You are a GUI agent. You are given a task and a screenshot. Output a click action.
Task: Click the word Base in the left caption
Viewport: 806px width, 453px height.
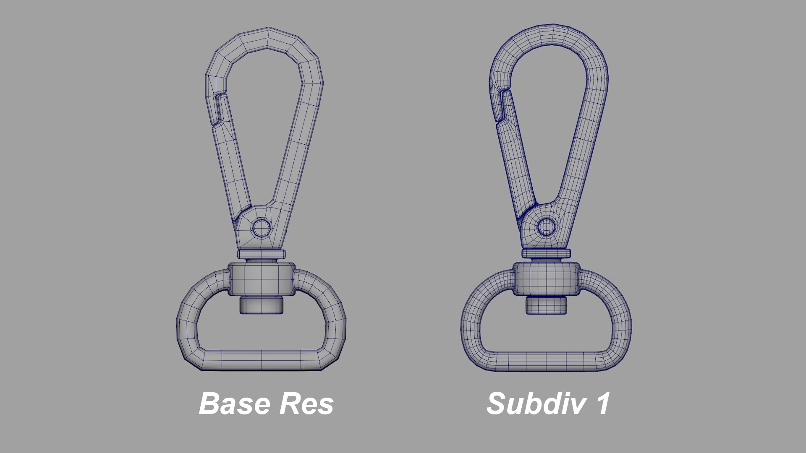234,404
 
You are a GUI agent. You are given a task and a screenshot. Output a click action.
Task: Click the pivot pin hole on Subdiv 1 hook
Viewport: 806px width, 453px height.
546,227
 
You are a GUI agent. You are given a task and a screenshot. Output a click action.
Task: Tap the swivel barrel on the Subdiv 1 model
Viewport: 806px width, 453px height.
546,279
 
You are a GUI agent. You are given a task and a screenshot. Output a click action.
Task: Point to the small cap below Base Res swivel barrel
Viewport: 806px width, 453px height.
261,305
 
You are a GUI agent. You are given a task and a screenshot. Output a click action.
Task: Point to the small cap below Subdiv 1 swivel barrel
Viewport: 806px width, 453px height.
546,305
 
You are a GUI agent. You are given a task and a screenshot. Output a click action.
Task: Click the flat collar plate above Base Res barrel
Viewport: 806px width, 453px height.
261,254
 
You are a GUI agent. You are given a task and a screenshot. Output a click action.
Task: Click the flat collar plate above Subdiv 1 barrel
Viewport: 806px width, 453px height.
546,253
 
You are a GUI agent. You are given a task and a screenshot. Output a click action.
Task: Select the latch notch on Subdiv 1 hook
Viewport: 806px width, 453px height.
502,105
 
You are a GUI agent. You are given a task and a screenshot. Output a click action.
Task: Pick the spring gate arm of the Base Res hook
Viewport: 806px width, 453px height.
231,168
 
